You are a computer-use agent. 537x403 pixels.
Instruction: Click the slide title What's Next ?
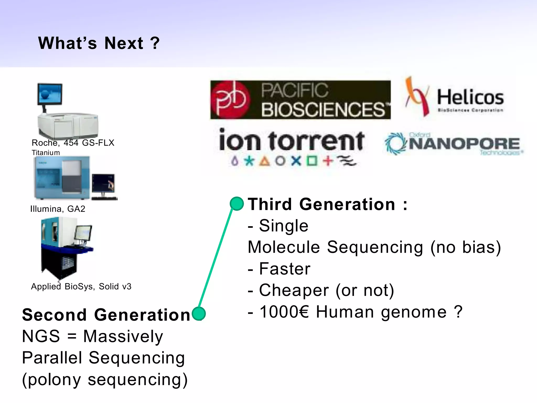pos(99,43)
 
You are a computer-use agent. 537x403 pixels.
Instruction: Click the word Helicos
pos(470,97)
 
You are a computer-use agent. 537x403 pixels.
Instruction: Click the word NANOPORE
pos(464,144)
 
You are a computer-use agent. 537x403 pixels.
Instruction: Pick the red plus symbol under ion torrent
pos(327,161)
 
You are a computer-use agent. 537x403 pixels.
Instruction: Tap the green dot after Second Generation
pos(199,314)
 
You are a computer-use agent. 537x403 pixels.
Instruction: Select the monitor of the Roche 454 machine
pos(50,94)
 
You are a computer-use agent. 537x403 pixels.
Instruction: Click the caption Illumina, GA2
pos(58,209)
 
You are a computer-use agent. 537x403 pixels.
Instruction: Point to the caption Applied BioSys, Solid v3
pos(81,286)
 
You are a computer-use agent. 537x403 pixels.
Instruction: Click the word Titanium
pos(46,152)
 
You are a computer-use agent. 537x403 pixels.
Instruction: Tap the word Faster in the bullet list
pos(284,269)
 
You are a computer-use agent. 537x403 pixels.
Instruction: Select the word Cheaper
pos(294,290)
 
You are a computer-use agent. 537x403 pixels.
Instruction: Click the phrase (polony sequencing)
pos(105,379)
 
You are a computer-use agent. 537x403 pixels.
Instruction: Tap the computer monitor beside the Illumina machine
pos(103,183)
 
